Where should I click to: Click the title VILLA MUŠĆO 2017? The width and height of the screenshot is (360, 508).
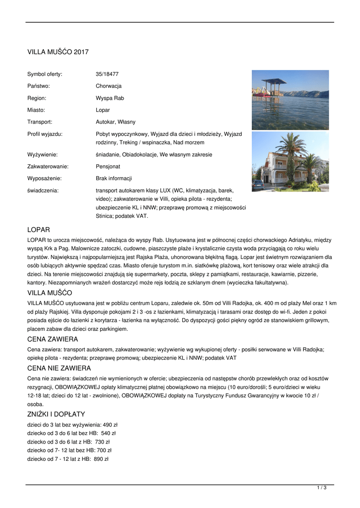click(x=58, y=52)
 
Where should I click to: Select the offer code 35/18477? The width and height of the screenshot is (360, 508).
click(x=107, y=74)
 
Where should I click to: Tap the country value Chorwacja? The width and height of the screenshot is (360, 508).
click(x=109, y=86)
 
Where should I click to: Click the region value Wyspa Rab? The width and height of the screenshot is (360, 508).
click(x=110, y=98)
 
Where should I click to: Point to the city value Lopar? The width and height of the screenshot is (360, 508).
click(x=103, y=110)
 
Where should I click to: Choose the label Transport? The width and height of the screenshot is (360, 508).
click(x=40, y=122)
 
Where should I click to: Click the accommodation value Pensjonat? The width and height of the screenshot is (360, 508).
click(x=108, y=167)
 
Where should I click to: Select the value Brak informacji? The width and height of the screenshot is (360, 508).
click(x=114, y=179)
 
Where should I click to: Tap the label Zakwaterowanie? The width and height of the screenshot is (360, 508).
click(x=48, y=167)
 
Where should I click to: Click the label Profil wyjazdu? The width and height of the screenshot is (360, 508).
click(x=45, y=134)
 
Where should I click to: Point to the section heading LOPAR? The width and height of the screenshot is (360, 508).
click(x=38, y=230)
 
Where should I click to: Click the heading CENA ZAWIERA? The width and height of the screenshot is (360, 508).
click(x=52, y=339)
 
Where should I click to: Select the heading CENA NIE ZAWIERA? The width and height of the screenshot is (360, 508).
click(x=59, y=368)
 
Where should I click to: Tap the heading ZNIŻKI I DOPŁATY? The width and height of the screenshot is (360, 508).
click(x=56, y=414)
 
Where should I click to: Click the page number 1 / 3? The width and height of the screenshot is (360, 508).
click(x=322, y=488)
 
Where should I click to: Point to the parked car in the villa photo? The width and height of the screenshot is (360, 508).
click(x=258, y=185)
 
